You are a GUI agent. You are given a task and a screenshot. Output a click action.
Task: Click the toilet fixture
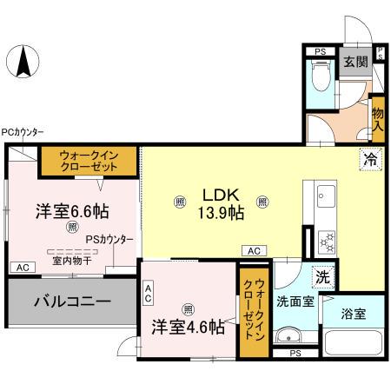point(319,82)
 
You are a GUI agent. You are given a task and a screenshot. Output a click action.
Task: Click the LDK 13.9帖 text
point(223,203)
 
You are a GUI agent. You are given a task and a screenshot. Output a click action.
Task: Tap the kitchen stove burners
point(328,237)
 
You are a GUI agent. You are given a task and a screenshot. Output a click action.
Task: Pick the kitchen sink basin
point(327,196)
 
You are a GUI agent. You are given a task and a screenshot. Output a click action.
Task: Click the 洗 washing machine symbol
point(322,278)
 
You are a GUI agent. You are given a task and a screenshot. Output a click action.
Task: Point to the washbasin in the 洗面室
point(288,337)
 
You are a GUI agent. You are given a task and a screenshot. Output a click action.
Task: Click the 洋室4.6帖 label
point(189,328)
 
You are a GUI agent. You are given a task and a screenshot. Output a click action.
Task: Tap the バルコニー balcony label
point(73,302)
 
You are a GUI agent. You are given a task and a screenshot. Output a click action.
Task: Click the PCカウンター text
point(23,132)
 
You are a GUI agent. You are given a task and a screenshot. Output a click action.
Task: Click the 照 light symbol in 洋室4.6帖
point(188,308)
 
